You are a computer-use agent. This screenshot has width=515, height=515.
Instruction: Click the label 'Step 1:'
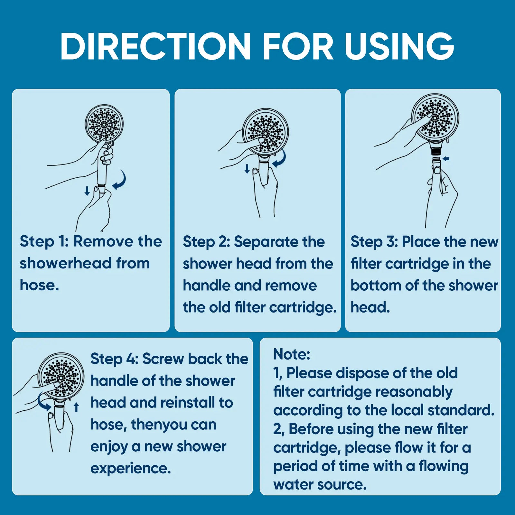click(44, 241)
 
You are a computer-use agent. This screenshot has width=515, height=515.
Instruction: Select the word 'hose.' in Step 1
click(39, 285)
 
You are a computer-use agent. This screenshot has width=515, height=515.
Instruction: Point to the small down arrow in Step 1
click(87, 191)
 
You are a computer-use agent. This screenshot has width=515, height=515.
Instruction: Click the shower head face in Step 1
click(104, 124)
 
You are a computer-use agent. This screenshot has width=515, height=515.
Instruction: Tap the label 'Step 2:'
click(206, 242)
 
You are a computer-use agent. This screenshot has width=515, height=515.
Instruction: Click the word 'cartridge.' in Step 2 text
click(303, 307)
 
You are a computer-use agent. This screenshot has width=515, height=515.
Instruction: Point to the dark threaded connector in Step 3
click(436, 151)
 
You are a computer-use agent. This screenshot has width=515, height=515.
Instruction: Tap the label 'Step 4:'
click(114, 359)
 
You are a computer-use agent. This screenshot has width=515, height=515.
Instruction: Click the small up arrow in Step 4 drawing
click(76, 407)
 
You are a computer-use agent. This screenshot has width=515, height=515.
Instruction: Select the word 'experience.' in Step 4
click(130, 468)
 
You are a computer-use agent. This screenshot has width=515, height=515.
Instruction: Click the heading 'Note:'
click(291, 354)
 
